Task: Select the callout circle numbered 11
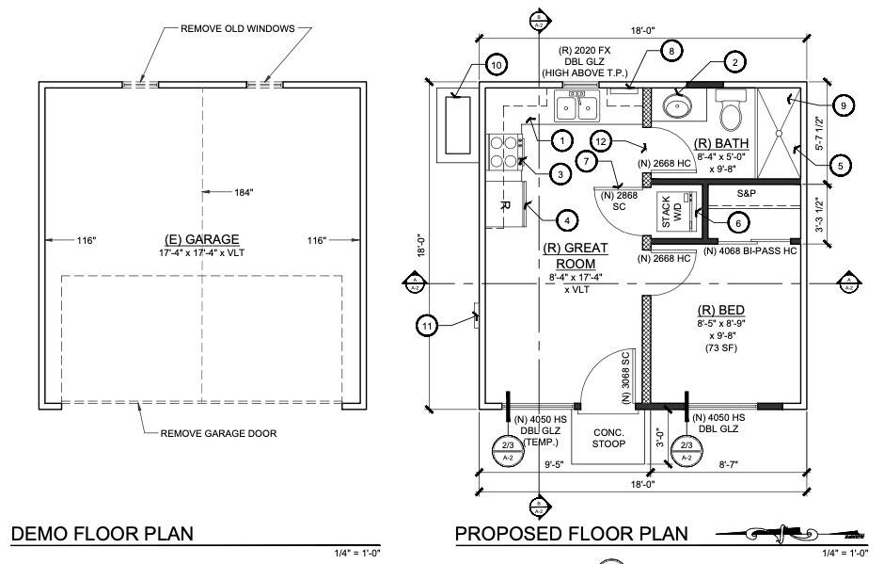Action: [x=429, y=326]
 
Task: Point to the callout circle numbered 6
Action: [x=737, y=222]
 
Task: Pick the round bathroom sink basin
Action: [x=676, y=105]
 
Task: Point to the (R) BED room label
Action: [x=720, y=310]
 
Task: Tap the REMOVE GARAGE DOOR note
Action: [x=218, y=433]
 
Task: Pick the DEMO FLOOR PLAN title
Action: [x=102, y=535]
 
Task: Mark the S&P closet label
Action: [x=747, y=192]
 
